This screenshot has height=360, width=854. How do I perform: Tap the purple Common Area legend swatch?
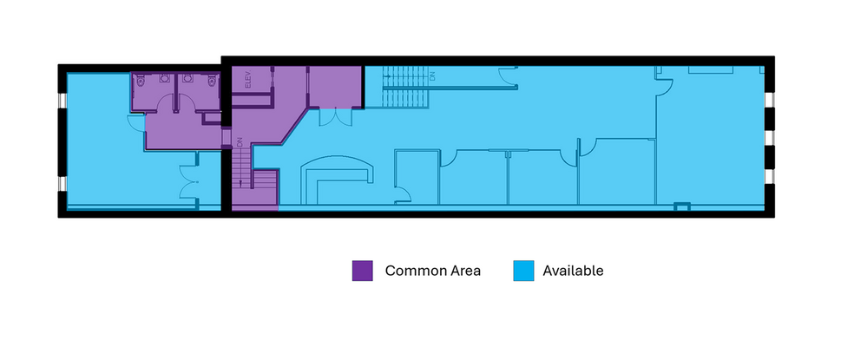[x=362, y=271]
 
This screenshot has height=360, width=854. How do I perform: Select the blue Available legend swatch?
[x=523, y=271]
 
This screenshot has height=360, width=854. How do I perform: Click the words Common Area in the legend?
[x=432, y=271]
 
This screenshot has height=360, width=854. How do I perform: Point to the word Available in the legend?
[x=573, y=271]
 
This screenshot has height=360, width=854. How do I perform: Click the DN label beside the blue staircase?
[x=432, y=77]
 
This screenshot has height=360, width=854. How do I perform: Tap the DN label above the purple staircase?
[x=239, y=142]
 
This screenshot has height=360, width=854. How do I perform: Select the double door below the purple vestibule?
[x=336, y=117]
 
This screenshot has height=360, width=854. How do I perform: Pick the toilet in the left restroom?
[x=141, y=82]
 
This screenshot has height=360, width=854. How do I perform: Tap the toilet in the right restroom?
[x=212, y=82]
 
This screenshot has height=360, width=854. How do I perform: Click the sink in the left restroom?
[x=164, y=78]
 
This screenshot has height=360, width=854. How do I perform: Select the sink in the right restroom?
[x=188, y=78]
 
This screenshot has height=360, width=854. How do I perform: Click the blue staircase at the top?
[x=406, y=87]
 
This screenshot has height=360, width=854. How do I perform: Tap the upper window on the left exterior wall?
[x=62, y=101]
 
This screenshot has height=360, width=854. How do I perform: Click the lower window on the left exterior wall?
[x=62, y=184]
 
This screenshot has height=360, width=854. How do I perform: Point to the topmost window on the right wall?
[x=770, y=100]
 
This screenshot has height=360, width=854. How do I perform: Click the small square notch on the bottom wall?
[x=682, y=206]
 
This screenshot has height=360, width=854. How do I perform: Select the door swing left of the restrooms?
[x=136, y=122]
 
